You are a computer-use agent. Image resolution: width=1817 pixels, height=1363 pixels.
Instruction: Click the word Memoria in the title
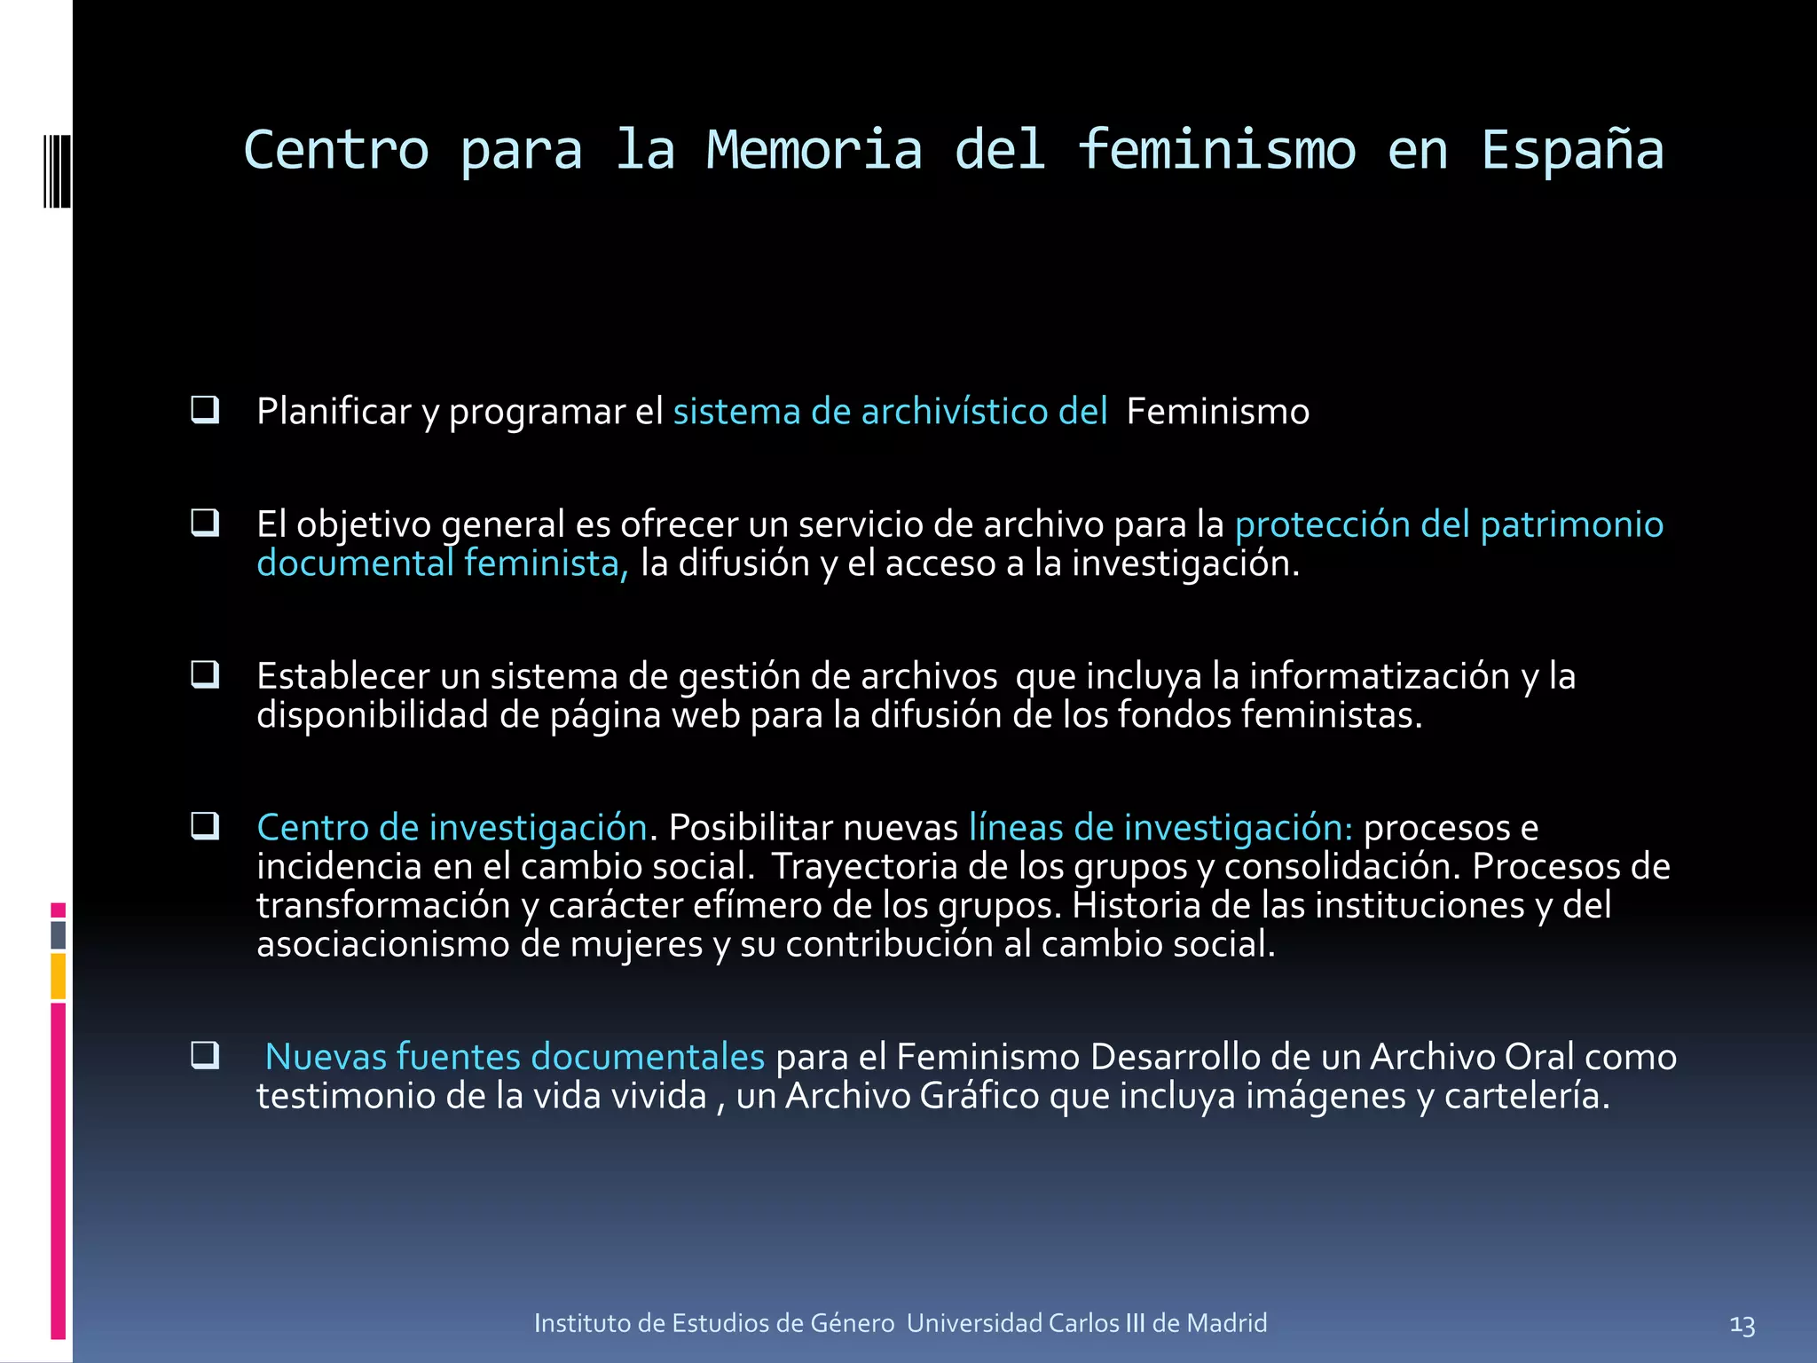coord(814,150)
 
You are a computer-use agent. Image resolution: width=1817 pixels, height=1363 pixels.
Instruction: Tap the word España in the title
coord(1572,150)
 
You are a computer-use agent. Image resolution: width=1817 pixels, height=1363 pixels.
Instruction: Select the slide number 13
coord(1742,1326)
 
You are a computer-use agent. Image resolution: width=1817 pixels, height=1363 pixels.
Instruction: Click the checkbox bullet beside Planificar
coord(205,410)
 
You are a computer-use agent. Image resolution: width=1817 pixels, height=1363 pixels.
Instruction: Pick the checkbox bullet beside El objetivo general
coord(205,523)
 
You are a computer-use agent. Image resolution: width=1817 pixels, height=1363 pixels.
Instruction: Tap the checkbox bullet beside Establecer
coord(205,674)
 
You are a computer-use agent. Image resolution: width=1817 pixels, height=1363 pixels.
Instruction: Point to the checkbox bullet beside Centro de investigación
coord(205,826)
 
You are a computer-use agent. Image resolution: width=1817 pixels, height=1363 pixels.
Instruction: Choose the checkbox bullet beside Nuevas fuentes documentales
coord(205,1055)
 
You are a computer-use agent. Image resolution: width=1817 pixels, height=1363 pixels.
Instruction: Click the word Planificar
coord(334,413)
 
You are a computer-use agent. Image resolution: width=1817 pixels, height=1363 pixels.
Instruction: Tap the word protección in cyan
coord(1322,525)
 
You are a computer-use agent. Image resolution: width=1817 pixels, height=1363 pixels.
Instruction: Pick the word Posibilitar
coord(750,828)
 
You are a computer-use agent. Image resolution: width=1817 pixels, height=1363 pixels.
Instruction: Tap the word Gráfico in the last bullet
coord(979,1097)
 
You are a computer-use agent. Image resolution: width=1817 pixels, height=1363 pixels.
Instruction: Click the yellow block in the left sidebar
coord(59,976)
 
